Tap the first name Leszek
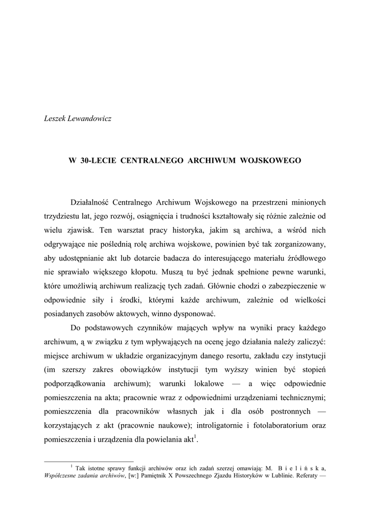55,118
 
